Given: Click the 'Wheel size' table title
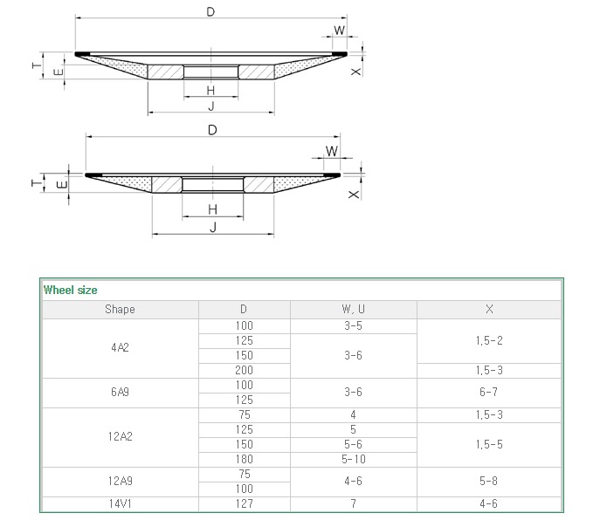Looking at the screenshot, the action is pos(70,290).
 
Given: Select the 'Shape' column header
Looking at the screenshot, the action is pos(120,309).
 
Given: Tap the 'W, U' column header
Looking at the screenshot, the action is pos(353,309).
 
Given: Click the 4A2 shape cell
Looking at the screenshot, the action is pos(120,347).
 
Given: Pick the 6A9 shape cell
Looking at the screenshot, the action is pos(120,392).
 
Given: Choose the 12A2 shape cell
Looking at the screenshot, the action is pos(121,436).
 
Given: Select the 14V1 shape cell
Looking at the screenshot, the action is pos(120,503).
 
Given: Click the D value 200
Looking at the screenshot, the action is pos(244,370).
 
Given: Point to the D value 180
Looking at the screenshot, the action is pos(244,459).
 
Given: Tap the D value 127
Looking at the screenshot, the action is pos(244,503).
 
